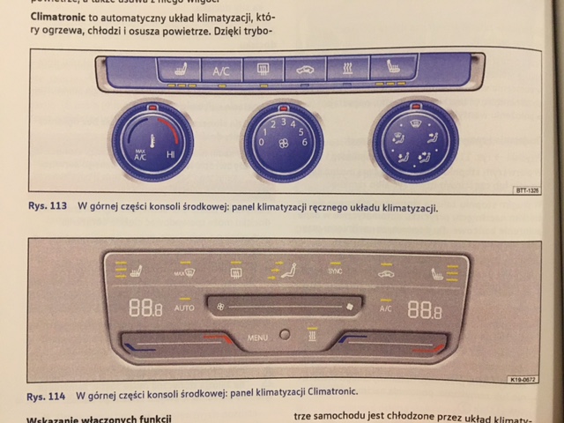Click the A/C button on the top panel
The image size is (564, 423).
(x=220, y=70)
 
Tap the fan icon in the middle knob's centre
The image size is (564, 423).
(x=283, y=143)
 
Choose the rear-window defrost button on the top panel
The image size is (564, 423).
(x=263, y=70)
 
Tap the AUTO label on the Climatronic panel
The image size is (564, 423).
(x=184, y=308)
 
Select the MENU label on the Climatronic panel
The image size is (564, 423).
(x=257, y=337)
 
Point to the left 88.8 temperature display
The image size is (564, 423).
(x=145, y=308)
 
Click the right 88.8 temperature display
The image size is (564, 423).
(x=424, y=309)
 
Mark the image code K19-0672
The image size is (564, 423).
(x=523, y=380)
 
